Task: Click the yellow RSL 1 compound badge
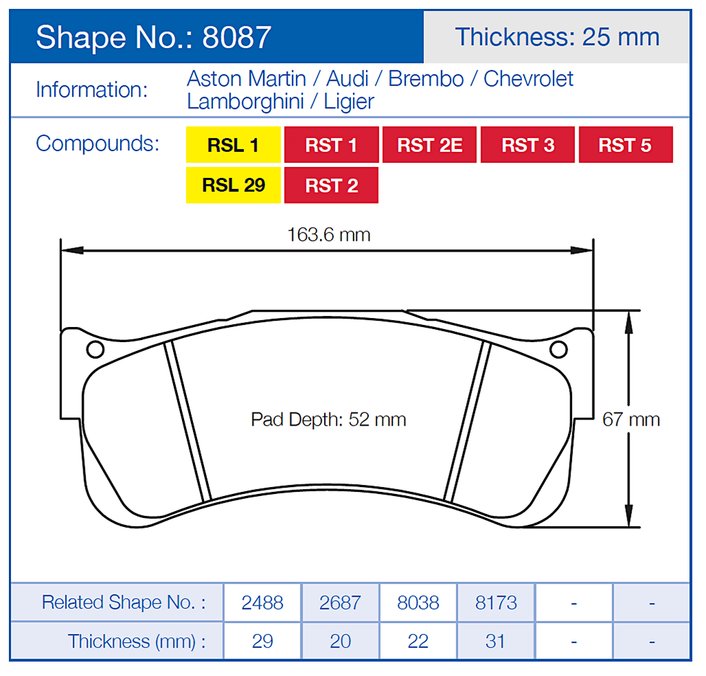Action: pos(233,145)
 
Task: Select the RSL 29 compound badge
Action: pos(233,185)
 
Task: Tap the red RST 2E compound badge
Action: pos(430,145)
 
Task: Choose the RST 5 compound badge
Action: pos(625,145)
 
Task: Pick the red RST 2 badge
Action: pos(331,185)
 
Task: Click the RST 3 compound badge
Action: pos(527,145)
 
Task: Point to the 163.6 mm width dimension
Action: pos(328,235)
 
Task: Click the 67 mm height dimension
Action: pos(630,419)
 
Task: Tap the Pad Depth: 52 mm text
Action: pos(328,419)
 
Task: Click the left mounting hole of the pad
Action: pos(96,349)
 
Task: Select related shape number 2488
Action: pos(262,602)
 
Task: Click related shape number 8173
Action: pos(496,602)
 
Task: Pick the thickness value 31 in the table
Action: pos(496,641)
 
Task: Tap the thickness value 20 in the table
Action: pos(340,641)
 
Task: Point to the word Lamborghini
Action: pos(245,101)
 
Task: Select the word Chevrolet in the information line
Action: pos(528,79)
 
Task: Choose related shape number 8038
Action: pos(418,602)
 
